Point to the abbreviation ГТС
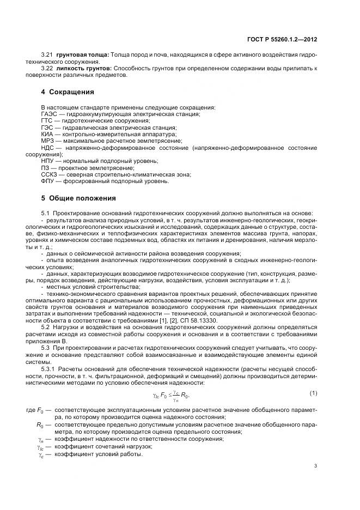point(48,120)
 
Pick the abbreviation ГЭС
point(48,126)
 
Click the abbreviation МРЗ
point(48,140)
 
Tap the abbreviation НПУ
point(48,161)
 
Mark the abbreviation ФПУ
point(48,181)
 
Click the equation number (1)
point(313,393)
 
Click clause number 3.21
point(47,55)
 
